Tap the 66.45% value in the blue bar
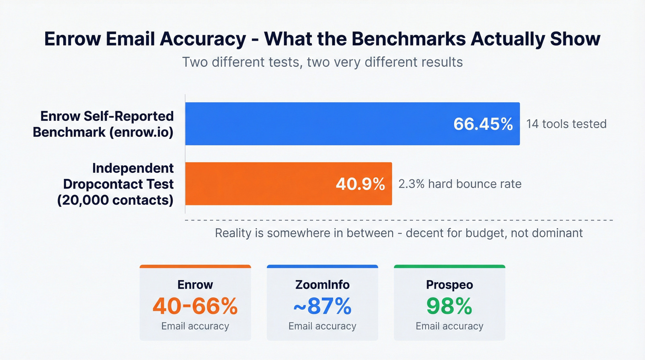pyautogui.click(x=483, y=124)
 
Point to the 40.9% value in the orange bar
pyautogui.click(x=360, y=184)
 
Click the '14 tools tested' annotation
pyautogui.click(x=566, y=124)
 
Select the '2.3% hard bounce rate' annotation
pyautogui.click(x=460, y=184)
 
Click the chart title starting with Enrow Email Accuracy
pyautogui.click(x=322, y=39)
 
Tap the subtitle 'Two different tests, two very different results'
pyautogui.click(x=322, y=62)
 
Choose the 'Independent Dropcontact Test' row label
pyautogui.click(x=118, y=183)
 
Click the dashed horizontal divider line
pyautogui.click(x=399, y=220)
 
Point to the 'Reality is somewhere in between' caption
pyautogui.click(x=399, y=233)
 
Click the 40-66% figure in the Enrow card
pyautogui.click(x=195, y=306)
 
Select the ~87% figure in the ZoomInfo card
pyautogui.click(x=322, y=306)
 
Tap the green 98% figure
pyautogui.click(x=449, y=306)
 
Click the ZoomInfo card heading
pyautogui.click(x=322, y=284)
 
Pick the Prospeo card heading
pyautogui.click(x=449, y=284)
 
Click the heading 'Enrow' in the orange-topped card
pyautogui.click(x=195, y=284)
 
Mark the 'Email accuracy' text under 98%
pyautogui.click(x=449, y=326)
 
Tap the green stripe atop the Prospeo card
pyautogui.click(x=449, y=266)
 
